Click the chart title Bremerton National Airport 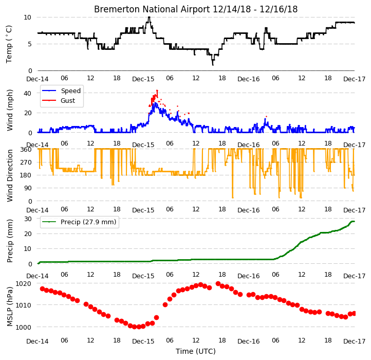[x=152, y=9]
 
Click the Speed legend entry [x=62, y=91]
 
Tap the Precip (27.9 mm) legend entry [x=79, y=222]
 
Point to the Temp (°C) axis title [x=9, y=44]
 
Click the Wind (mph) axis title [x=9, y=110]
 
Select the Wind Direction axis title [x=9, y=175]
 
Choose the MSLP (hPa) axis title [x=9, y=307]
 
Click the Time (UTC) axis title [x=196, y=351]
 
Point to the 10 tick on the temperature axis [x=27, y=17]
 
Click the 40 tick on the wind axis [x=27, y=93]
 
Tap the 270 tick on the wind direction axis [x=26, y=163]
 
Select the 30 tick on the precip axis [x=28, y=219]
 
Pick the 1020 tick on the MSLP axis [x=23, y=283]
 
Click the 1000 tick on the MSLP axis [x=23, y=327]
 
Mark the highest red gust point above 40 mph [x=157, y=91]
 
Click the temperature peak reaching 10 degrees [x=149, y=17]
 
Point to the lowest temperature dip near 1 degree [x=213, y=64]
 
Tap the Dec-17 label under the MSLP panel [x=355, y=341]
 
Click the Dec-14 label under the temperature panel [x=38, y=79]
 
